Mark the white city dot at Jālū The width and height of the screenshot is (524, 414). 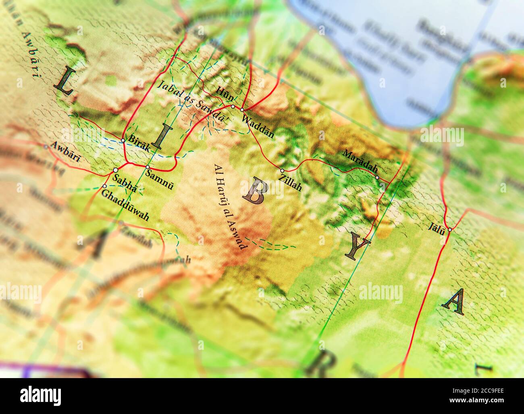point(449,230)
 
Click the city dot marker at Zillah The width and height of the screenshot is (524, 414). point(282,171)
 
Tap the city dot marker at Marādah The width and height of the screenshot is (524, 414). point(377,177)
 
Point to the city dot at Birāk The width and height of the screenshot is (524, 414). point(123,140)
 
